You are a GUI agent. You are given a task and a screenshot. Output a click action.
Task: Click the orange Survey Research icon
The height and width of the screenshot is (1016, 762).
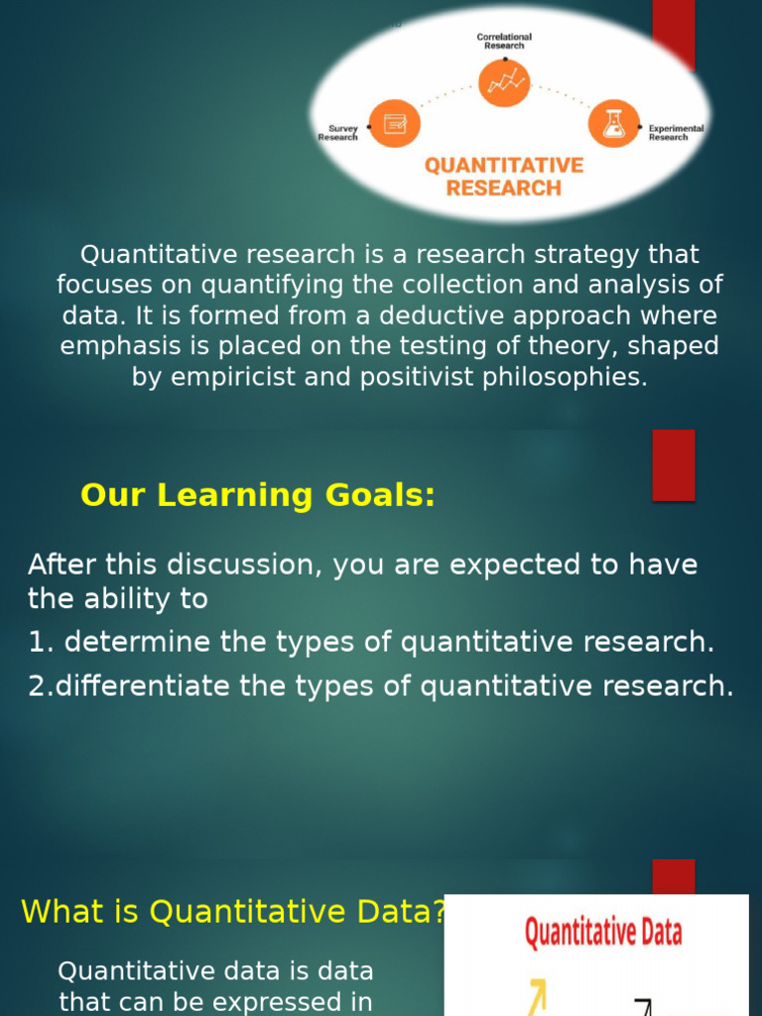point(395,124)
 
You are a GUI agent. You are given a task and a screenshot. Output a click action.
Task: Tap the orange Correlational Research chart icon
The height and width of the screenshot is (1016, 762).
point(504,82)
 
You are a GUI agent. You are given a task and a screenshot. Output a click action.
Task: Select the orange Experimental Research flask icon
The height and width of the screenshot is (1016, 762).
point(613,124)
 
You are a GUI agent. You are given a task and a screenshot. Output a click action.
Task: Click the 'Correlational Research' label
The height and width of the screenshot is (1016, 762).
point(504,41)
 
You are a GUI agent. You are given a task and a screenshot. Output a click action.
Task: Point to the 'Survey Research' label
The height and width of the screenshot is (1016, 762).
point(338,133)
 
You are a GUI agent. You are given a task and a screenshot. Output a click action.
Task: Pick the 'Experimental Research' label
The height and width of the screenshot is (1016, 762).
point(676,133)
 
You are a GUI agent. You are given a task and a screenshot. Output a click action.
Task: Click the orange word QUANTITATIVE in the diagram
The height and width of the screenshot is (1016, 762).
point(504,165)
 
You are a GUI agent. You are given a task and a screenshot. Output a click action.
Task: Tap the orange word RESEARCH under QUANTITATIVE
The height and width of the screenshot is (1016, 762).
point(504,188)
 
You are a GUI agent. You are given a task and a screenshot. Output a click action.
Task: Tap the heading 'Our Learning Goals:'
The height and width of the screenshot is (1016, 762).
point(258,495)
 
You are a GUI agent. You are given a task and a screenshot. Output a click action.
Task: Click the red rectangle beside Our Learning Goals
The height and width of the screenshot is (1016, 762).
point(673,464)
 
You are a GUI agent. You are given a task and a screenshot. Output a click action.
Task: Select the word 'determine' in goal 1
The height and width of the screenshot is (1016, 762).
point(138,642)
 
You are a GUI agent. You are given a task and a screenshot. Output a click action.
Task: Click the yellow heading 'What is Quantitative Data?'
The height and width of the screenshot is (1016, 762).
point(233,911)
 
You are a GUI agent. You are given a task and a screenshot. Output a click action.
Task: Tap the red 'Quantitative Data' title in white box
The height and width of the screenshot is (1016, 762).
point(602,933)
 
